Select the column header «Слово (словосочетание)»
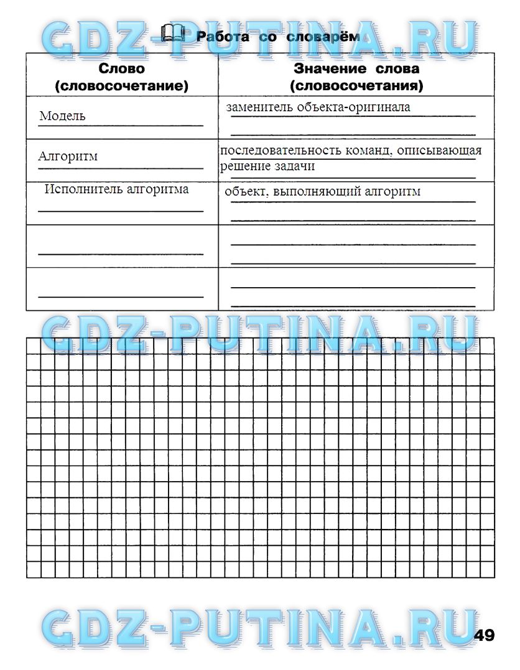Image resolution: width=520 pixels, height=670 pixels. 121,77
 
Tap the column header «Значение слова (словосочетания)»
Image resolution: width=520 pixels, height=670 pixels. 356,77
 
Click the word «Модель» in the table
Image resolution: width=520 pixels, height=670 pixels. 62,116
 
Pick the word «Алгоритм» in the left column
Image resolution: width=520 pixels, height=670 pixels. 68,157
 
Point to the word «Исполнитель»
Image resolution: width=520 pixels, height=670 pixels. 83,190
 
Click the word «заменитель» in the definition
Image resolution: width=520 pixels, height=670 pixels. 260,107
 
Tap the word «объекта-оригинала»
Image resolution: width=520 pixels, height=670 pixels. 353,107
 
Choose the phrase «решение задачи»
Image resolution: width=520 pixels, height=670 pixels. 267,166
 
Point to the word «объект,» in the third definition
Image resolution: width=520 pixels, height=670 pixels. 247,191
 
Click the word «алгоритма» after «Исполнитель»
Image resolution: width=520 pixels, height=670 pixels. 157,190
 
